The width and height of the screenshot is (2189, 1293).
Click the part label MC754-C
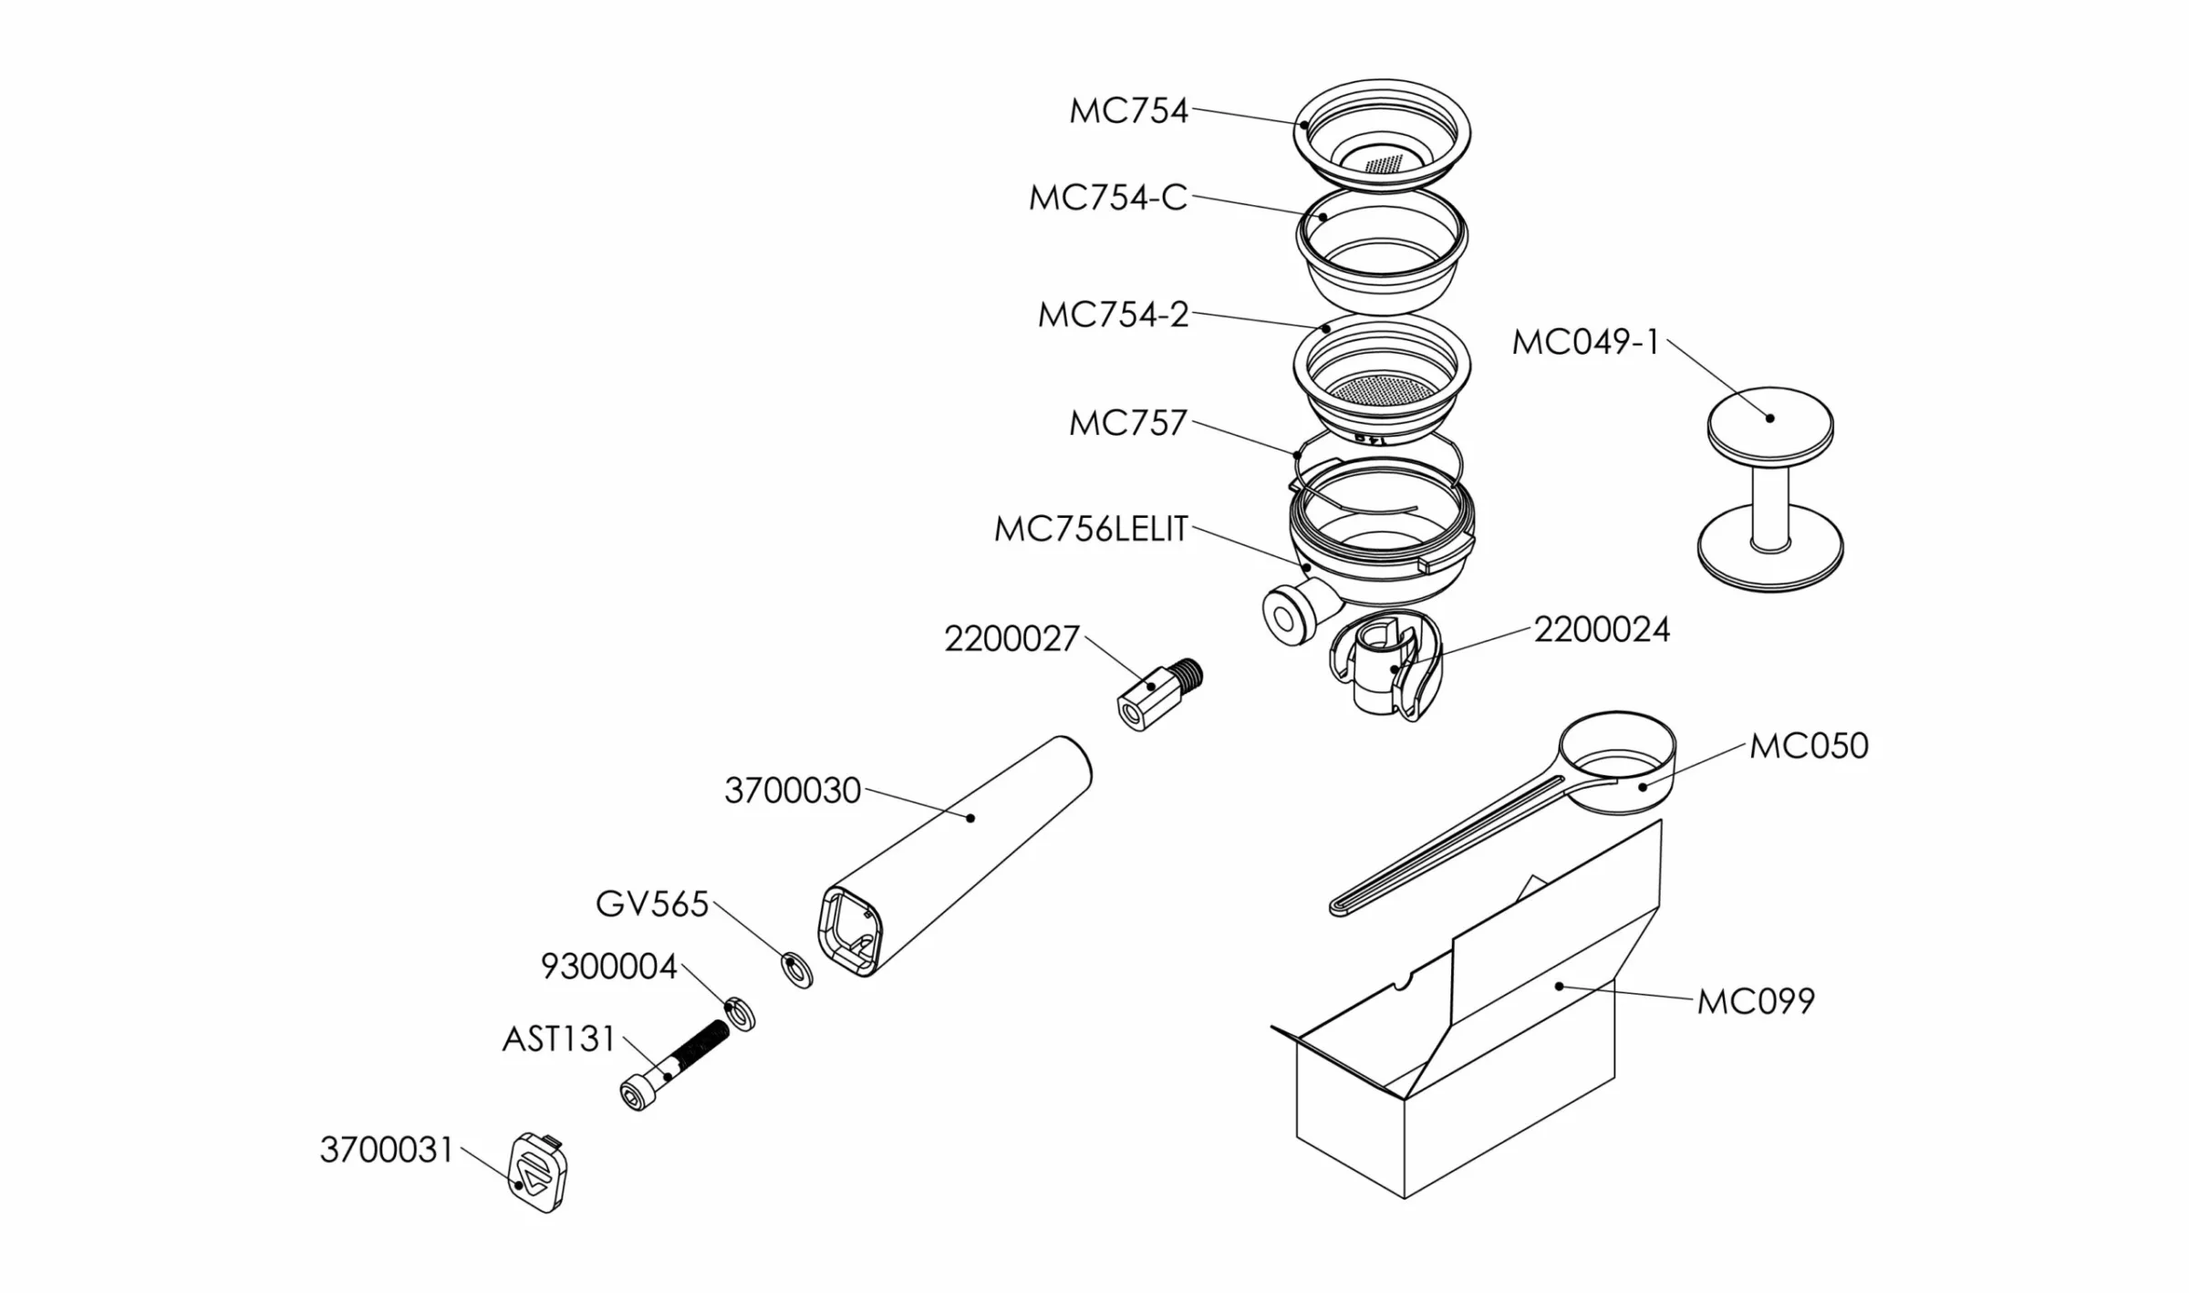tap(1108, 198)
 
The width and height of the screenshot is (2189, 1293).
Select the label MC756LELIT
tap(1091, 529)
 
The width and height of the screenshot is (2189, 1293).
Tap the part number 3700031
tap(387, 1150)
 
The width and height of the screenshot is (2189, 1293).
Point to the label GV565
tap(652, 905)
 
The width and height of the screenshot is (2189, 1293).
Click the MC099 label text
tap(1756, 1001)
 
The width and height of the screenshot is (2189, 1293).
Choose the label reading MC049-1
tap(1586, 342)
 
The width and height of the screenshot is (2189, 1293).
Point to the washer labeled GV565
tap(797, 970)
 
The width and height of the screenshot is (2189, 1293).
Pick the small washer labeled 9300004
tap(740, 1015)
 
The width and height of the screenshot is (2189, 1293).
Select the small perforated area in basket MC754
tap(1385, 164)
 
